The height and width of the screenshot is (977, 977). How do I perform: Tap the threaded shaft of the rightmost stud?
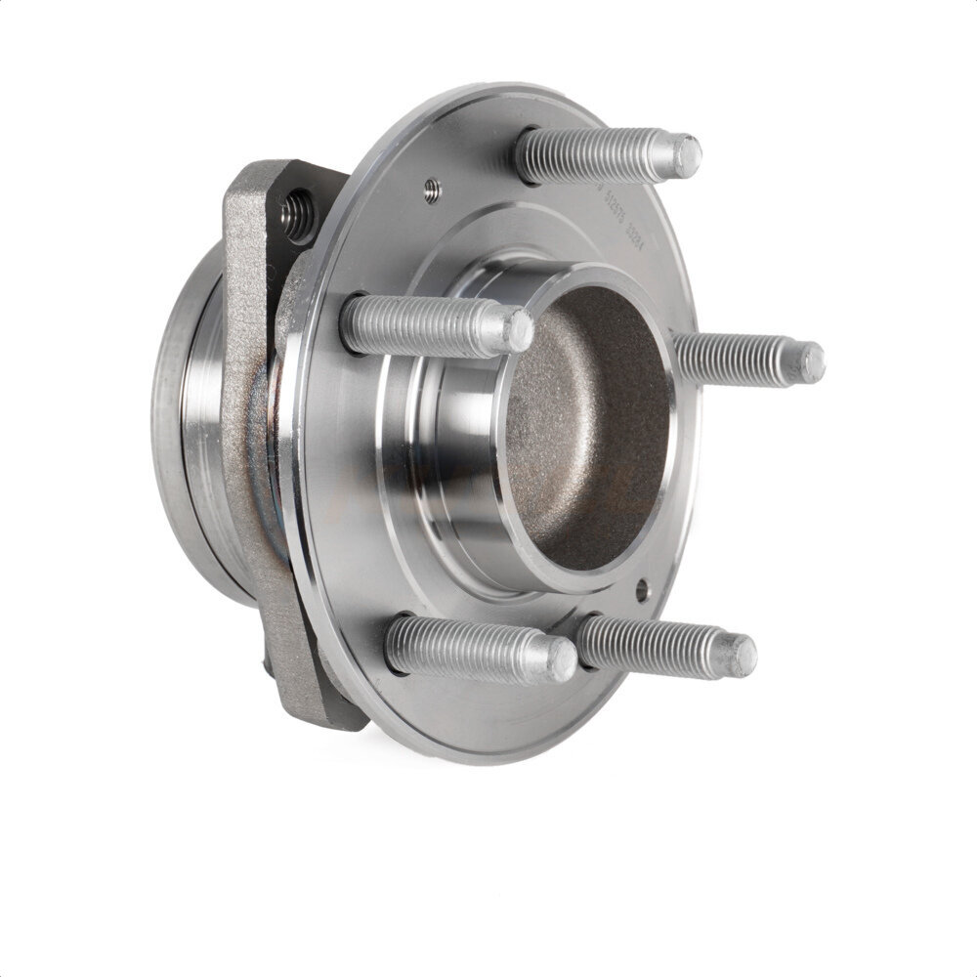click(x=733, y=359)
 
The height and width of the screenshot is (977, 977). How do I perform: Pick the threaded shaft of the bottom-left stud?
click(x=459, y=647)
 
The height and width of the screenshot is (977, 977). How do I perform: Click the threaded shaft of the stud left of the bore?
click(x=410, y=324)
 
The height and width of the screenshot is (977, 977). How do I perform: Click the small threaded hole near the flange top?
click(x=432, y=190)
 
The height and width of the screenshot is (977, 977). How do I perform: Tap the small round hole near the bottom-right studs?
click(x=642, y=590)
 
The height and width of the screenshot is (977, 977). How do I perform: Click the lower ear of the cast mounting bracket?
click(x=313, y=684)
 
